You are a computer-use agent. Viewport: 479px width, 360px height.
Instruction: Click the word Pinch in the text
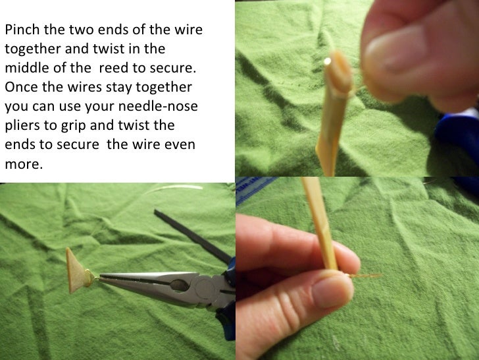click(20, 31)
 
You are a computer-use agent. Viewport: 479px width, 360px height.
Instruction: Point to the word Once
click(18, 88)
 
